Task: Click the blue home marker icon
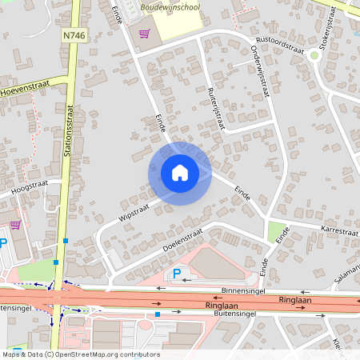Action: click(180, 173)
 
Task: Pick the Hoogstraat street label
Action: click(30, 187)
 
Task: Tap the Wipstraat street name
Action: click(134, 210)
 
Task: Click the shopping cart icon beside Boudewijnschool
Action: click(144, 34)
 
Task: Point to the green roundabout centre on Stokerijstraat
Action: click(314, 56)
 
